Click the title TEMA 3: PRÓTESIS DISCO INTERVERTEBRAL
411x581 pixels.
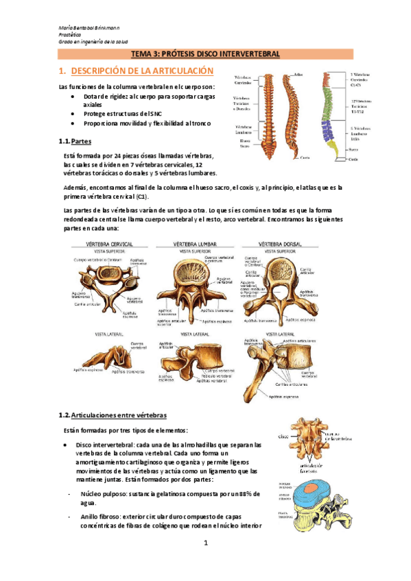(205, 53)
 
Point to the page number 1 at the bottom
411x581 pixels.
(205, 542)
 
